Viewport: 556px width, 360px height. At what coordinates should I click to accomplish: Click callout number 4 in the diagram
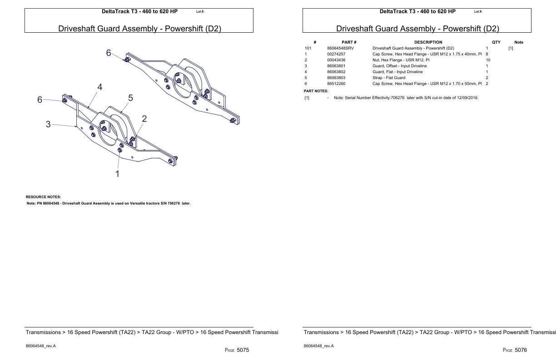[x=100, y=87]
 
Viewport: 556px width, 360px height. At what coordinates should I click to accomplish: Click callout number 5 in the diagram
[x=130, y=98]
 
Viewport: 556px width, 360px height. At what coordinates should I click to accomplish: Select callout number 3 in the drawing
[x=48, y=124]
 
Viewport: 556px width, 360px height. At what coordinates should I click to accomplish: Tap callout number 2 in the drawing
[x=144, y=119]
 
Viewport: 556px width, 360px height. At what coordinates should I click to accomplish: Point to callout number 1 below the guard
[x=118, y=174]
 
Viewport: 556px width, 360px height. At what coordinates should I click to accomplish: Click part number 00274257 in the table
[x=336, y=54]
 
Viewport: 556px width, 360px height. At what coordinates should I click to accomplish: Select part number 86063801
[x=336, y=66]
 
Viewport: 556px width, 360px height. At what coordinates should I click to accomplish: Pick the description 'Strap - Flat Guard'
[x=389, y=78]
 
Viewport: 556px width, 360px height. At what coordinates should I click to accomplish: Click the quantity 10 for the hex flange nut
[x=488, y=60]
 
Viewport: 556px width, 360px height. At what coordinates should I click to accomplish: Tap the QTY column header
[x=496, y=42]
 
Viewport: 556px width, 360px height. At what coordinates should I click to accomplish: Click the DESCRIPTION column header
[x=428, y=42]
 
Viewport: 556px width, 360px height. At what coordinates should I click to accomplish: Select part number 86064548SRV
[x=341, y=48]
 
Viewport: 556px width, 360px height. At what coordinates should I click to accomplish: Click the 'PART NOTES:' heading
[x=316, y=91]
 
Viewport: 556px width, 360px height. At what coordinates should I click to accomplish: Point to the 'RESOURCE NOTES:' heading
[x=43, y=197]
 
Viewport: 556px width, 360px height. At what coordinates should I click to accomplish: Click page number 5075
[x=243, y=350]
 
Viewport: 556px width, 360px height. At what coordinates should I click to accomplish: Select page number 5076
[x=521, y=350]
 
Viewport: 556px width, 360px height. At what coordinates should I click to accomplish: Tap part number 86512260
[x=336, y=84]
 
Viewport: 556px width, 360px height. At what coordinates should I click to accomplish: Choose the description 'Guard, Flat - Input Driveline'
[x=397, y=72]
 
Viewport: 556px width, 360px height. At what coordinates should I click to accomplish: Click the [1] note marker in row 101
[x=511, y=48]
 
